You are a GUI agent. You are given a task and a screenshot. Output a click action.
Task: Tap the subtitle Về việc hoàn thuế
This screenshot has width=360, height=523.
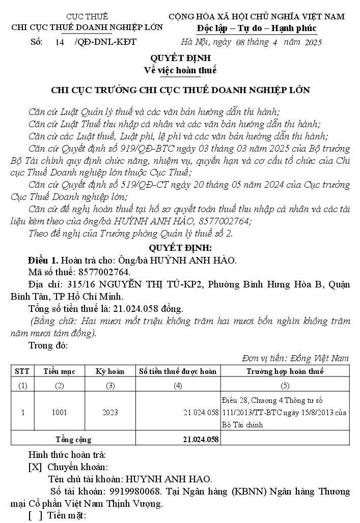pyautogui.click(x=180, y=70)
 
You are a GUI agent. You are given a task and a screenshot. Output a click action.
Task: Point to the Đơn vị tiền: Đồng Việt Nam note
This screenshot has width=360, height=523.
pyautogui.click(x=295, y=358)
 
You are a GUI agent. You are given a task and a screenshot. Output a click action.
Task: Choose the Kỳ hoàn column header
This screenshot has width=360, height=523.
pyautogui.click(x=110, y=371)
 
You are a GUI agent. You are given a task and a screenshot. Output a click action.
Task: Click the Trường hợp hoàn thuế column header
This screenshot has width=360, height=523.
pyautogui.click(x=285, y=371)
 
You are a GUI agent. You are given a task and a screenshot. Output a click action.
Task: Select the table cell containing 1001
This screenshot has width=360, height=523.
pyautogui.click(x=59, y=412)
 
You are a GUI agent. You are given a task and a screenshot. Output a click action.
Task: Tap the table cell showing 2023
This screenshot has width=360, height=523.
pyautogui.click(x=110, y=412)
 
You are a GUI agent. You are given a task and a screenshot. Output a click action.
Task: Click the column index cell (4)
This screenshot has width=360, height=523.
pyautogui.click(x=178, y=386)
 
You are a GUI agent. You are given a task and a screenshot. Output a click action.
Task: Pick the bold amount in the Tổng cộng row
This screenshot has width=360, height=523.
pyautogui.click(x=201, y=439)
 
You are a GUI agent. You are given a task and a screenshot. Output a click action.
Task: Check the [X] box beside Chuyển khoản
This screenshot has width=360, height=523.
pyautogui.click(x=35, y=467)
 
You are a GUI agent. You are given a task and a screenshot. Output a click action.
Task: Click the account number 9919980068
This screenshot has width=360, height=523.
pyautogui.click(x=135, y=491)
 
